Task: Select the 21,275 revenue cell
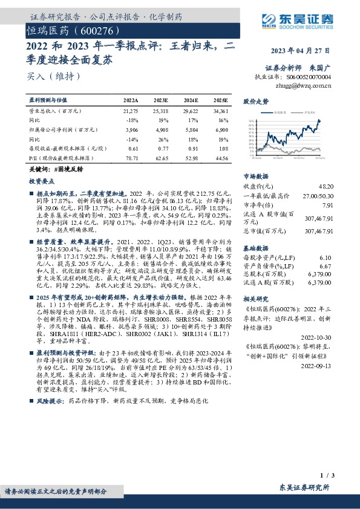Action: pyautogui.click(x=131, y=111)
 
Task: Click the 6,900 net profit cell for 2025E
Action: pyautogui.click(x=221, y=129)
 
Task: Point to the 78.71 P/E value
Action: pyautogui.click(x=131, y=157)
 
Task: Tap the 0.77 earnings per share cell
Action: pyautogui.click(x=161, y=148)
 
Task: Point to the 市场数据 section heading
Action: pyautogui.click(x=255, y=175)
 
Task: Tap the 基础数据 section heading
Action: pyautogui.click(x=255, y=248)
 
